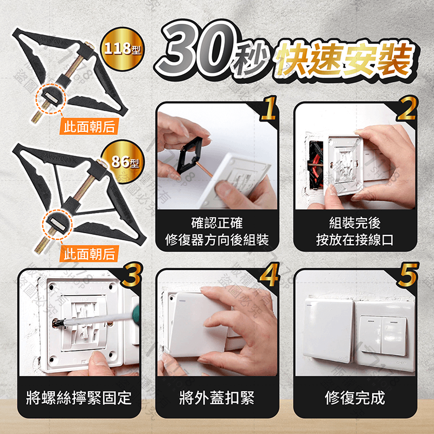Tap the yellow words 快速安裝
(342, 59)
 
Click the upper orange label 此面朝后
(89, 127)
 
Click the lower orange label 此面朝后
(89, 253)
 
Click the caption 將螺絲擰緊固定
(79, 399)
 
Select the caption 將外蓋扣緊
(217, 399)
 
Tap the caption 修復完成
(355, 399)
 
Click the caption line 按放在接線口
(355, 240)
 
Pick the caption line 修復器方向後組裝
(217, 240)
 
